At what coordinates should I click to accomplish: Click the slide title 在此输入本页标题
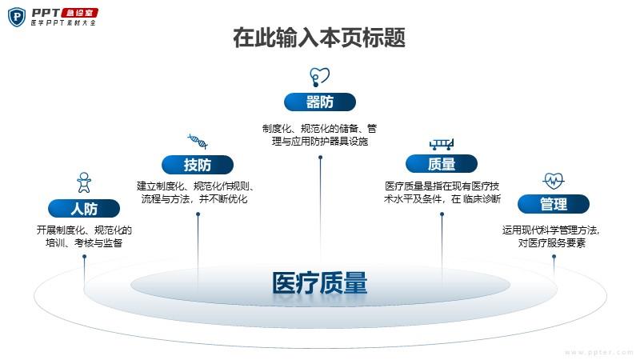point(319,38)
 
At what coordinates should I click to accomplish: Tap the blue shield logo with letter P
point(17,17)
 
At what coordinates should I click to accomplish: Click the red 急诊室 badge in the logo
point(79,13)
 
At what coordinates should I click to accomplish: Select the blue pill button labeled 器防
point(319,102)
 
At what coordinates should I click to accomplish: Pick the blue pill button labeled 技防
point(198,165)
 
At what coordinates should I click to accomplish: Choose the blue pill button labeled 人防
point(84,209)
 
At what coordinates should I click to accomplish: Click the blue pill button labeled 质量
point(442,164)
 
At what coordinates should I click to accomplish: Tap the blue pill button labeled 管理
point(554,204)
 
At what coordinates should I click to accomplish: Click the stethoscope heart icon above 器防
point(319,77)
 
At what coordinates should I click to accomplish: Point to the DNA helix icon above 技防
point(198,142)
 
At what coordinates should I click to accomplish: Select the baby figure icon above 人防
point(84,182)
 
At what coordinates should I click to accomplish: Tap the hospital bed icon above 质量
point(442,144)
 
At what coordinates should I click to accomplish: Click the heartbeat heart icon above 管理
point(554,181)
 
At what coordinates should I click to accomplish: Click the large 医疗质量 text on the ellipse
point(319,283)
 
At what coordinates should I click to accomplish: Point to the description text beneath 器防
point(319,135)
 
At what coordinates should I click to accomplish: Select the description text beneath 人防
point(84,236)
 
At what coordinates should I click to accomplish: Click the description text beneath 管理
point(551,236)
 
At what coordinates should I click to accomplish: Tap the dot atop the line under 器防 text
point(321,157)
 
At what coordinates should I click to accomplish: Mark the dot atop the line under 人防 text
point(85,257)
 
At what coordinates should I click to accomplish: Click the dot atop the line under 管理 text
point(554,257)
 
